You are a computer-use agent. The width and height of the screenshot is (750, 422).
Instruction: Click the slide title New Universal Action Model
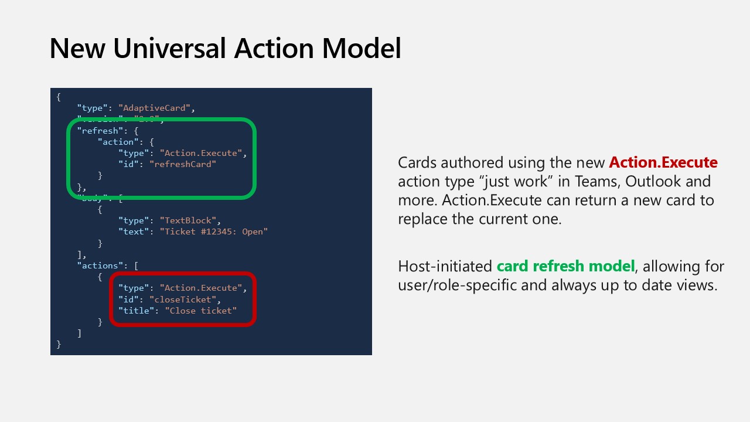[x=225, y=48]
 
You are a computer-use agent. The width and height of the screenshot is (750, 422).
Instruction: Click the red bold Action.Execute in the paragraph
[x=663, y=162]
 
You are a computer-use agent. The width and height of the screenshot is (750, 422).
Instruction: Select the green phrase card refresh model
[x=565, y=266]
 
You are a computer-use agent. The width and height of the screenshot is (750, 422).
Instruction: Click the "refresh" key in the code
[x=100, y=131]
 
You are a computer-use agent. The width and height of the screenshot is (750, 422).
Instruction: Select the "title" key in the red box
[x=136, y=311]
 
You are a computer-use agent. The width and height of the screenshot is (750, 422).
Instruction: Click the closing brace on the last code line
[x=59, y=344]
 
